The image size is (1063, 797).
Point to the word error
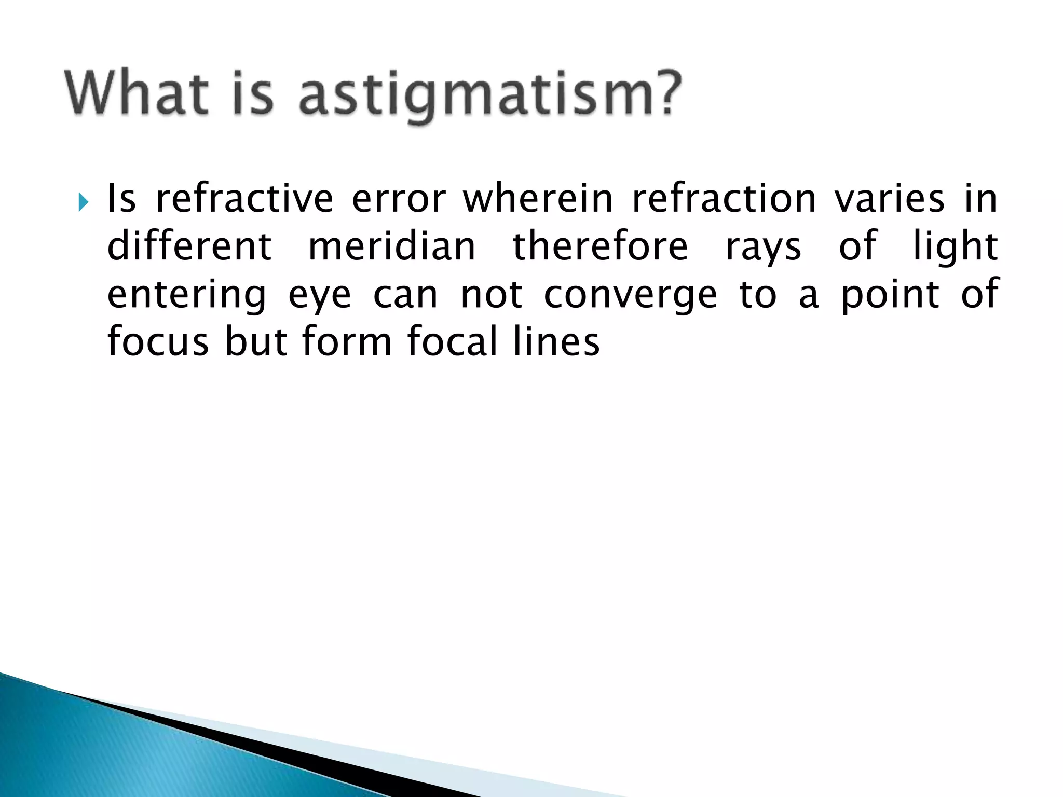[x=398, y=200]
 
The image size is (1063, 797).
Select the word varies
[x=890, y=200]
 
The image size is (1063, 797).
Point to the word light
[x=955, y=248]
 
